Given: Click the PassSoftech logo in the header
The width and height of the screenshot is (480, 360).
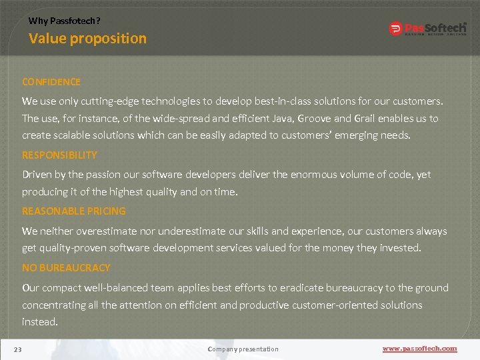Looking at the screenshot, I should point(427,29).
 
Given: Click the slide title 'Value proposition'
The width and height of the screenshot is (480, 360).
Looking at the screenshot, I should point(87,39).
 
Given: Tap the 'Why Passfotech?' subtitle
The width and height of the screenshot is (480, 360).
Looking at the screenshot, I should point(64,21).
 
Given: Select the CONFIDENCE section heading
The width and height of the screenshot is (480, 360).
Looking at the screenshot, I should point(51,82).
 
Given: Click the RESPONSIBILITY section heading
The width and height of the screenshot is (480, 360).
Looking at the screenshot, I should point(59,155).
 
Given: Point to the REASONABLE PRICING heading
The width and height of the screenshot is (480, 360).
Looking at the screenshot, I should point(74,211).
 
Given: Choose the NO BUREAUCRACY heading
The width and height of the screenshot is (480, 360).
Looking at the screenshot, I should point(66,267).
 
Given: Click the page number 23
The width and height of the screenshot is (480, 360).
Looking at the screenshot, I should point(18,349).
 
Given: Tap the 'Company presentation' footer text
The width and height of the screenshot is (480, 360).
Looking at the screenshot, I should point(243,349).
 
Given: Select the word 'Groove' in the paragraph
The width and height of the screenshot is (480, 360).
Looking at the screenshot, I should point(314,118).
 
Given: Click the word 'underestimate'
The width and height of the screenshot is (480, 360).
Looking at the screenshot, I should point(189,231).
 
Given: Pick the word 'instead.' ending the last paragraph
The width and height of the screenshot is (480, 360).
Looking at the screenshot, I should point(40,321).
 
